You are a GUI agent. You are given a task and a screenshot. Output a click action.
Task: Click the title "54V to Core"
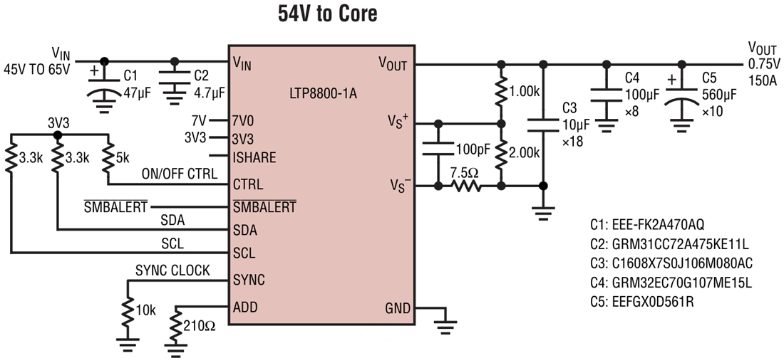click(x=327, y=14)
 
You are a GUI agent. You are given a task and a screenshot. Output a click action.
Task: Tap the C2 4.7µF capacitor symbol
click(x=175, y=83)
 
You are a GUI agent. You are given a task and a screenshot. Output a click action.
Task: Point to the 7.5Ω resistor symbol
click(x=465, y=186)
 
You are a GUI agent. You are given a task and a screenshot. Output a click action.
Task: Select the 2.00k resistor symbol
click(x=501, y=152)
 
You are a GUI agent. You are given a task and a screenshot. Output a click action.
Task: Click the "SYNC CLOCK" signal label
click(x=172, y=271)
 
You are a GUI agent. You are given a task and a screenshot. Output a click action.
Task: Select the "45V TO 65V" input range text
click(x=36, y=69)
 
